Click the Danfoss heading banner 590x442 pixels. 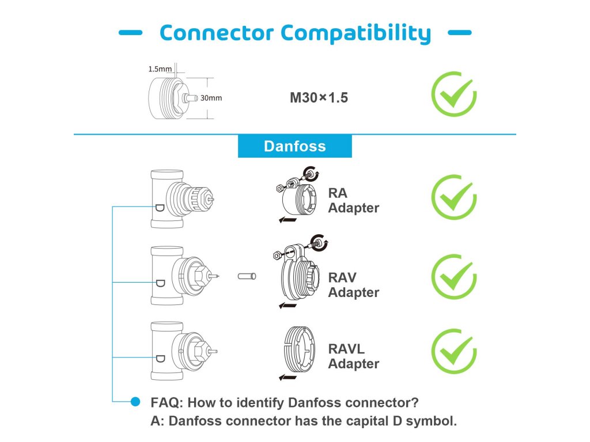pos(294,146)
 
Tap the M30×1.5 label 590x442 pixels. pos(319,98)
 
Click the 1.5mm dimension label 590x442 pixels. pos(160,69)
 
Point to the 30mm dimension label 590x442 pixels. pos(211,98)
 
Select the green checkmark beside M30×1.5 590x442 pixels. pos(454,94)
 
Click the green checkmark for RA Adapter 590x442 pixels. pos(454,197)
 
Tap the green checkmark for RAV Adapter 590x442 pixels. pos(454,277)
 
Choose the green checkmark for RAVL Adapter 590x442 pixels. pos(454,351)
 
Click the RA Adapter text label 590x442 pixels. pos(353,200)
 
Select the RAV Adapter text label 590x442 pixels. pos(353,285)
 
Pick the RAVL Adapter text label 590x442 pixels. pos(353,356)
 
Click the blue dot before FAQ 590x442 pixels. pos(135,402)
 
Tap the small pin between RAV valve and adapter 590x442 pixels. pos(247,276)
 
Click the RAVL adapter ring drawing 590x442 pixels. pos(299,349)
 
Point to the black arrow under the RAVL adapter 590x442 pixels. pos(288,377)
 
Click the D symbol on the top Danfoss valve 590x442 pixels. pos(160,208)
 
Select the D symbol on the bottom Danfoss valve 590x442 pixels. pos(160,359)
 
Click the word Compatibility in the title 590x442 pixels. pos(355,33)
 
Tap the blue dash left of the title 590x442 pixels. pos(131,33)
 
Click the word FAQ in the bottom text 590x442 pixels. pos(167,402)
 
